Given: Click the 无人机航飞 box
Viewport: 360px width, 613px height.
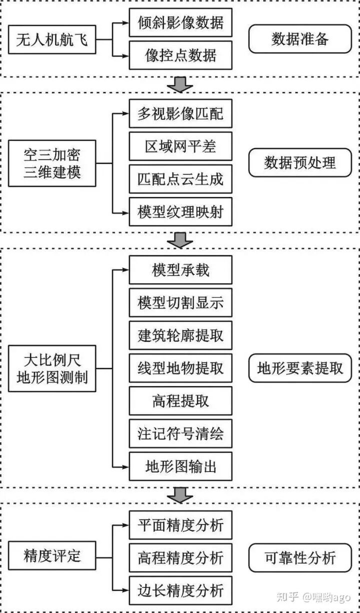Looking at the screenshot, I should tap(52, 39).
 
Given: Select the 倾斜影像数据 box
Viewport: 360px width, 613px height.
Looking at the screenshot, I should tap(180, 22).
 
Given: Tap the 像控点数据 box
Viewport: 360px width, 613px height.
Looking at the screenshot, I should tap(180, 55).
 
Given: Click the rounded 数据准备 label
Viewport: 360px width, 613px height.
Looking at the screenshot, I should tap(300, 39).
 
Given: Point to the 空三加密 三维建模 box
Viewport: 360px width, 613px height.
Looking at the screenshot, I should tap(52, 163).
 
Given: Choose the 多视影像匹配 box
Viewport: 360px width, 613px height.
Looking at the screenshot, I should tap(180, 115).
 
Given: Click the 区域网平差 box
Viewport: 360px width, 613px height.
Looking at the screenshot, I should tap(180, 147).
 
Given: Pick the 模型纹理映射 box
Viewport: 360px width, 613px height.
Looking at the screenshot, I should tap(180, 212).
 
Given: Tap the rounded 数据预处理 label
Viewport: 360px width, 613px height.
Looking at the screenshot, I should tap(300, 163).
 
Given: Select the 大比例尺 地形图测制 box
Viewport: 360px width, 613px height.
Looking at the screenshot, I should tap(52, 368).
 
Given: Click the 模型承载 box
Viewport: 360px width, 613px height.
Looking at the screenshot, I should tap(180, 270).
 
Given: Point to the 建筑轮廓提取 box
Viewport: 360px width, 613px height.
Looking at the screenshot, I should tap(180, 335).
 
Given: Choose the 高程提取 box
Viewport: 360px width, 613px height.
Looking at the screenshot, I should tap(180, 401).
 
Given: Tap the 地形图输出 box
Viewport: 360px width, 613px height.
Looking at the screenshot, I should tap(180, 467).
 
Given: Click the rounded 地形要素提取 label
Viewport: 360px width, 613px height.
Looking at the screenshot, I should tap(300, 368).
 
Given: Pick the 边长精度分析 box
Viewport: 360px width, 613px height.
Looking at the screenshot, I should tap(180, 590).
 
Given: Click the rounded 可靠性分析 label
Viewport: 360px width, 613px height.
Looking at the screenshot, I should tap(300, 557).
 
